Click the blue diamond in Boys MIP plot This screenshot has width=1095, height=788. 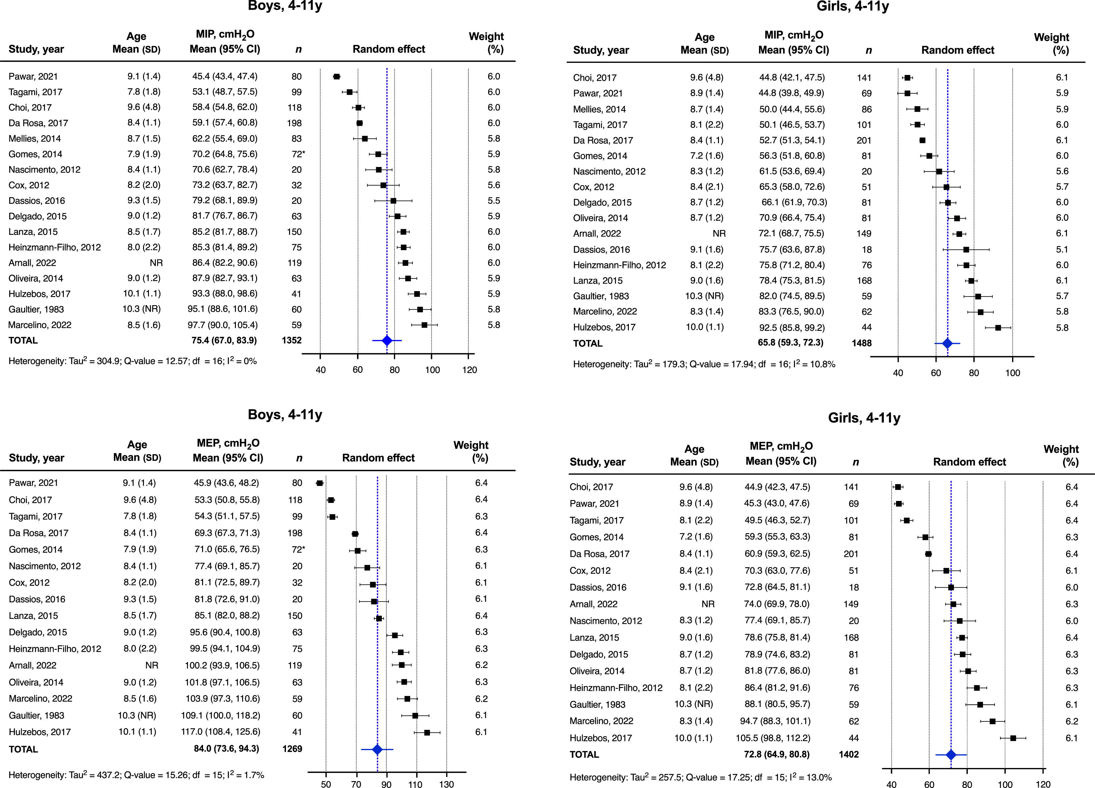[x=387, y=341]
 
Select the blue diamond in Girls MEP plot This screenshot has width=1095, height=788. [x=951, y=755]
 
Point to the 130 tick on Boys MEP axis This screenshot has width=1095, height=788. [x=446, y=784]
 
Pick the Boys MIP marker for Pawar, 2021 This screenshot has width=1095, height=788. [x=337, y=77]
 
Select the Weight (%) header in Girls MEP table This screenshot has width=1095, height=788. [x=1060, y=456]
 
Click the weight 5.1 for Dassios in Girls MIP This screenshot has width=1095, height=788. [x=1062, y=250]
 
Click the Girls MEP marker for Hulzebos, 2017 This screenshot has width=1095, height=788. [x=1013, y=738]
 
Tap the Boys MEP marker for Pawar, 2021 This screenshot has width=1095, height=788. [x=319, y=483]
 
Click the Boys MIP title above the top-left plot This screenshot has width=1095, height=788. [x=285, y=7]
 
